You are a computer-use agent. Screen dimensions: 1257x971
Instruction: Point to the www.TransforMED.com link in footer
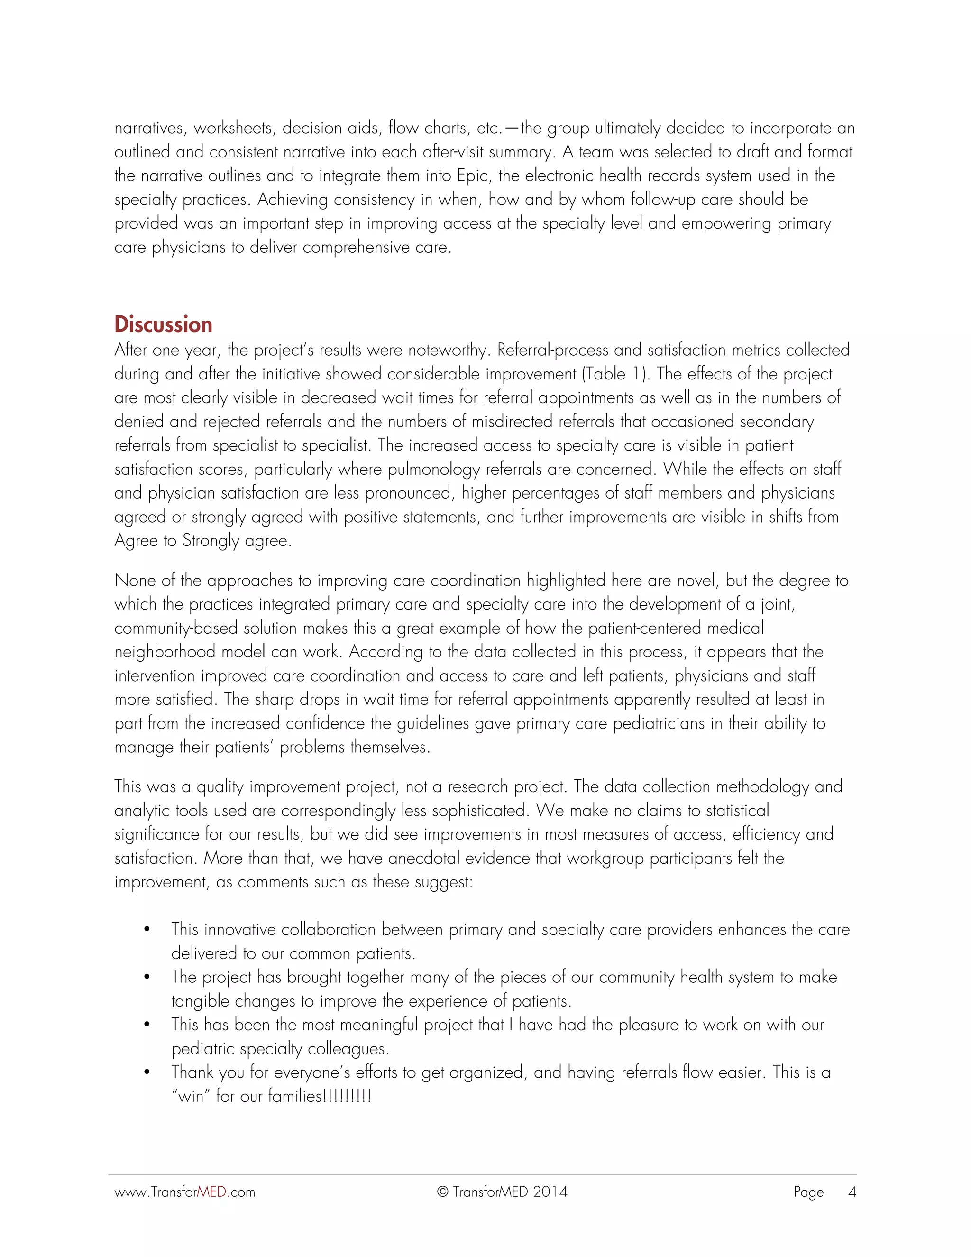(x=184, y=1192)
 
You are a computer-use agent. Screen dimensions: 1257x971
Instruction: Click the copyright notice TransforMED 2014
(x=502, y=1192)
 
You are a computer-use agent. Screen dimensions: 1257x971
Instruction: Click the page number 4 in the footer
(x=852, y=1192)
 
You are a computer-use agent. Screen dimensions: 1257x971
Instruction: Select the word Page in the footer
(x=808, y=1192)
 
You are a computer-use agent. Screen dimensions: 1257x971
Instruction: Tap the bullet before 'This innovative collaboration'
(x=147, y=930)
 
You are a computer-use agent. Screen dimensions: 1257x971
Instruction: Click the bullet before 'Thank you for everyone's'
(x=147, y=1073)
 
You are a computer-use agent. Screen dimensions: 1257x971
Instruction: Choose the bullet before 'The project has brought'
(x=147, y=977)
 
